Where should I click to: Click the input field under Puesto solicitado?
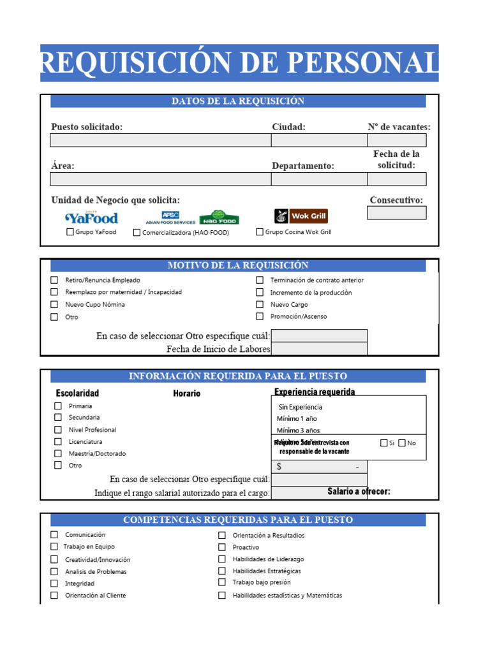pyautogui.click(x=160, y=140)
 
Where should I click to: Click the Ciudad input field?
pyautogui.click(x=318, y=140)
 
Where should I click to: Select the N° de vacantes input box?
pyautogui.click(x=396, y=140)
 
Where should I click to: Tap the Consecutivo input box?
pyautogui.click(x=396, y=213)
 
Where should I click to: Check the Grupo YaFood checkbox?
pyautogui.click(x=70, y=232)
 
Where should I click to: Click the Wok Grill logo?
pyautogui.click(x=301, y=216)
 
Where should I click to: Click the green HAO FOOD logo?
pyautogui.click(x=219, y=217)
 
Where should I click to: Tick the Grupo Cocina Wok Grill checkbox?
pyautogui.click(x=260, y=232)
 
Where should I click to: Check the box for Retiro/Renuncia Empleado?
pyautogui.click(x=54, y=280)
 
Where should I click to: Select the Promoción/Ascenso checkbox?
pyautogui.click(x=260, y=316)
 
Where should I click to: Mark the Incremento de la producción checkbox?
pyautogui.click(x=260, y=292)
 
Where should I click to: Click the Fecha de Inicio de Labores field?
pyautogui.click(x=319, y=349)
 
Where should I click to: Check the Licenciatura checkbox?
pyautogui.click(x=58, y=442)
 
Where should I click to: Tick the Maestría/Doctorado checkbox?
pyautogui.click(x=58, y=453)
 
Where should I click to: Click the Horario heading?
pyautogui.click(x=186, y=393)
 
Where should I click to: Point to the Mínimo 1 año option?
pyautogui.click(x=297, y=419)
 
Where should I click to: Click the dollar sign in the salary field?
pyautogui.click(x=279, y=467)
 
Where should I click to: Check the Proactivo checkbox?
pyautogui.click(x=222, y=547)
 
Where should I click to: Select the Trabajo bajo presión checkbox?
pyautogui.click(x=222, y=582)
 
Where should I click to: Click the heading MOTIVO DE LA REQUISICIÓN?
pyautogui.click(x=237, y=265)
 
